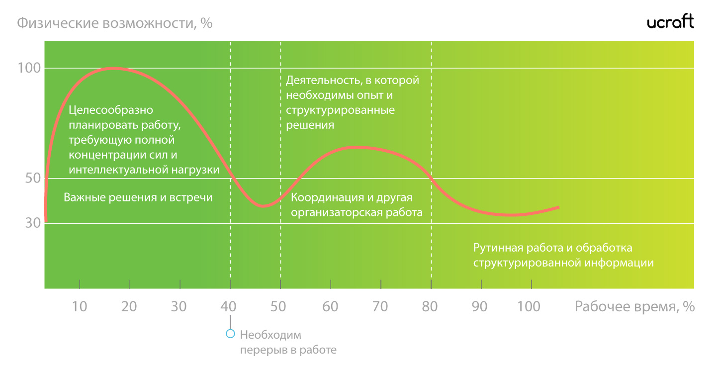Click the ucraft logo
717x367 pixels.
coord(670,21)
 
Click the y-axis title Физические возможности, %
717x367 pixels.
coord(114,23)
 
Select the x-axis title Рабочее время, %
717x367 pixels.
coord(634,306)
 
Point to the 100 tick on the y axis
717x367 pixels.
coord(29,68)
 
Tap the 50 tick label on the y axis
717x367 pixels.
coord(33,178)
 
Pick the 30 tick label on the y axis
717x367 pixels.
coord(33,223)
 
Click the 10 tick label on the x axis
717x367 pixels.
coord(80,306)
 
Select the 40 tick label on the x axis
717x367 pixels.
coord(229,306)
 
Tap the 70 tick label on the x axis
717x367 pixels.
coord(380,306)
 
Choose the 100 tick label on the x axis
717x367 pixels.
coord(529,306)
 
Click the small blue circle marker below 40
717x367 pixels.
coord(230,334)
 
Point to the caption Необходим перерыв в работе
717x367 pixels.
coord(288,342)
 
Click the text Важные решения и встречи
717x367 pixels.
coord(138,197)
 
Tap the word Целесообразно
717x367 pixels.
coord(111,110)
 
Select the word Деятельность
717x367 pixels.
coord(324,80)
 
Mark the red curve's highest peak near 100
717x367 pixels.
coord(114,68)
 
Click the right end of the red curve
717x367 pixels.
coord(558,207)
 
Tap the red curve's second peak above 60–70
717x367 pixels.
coord(357,148)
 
